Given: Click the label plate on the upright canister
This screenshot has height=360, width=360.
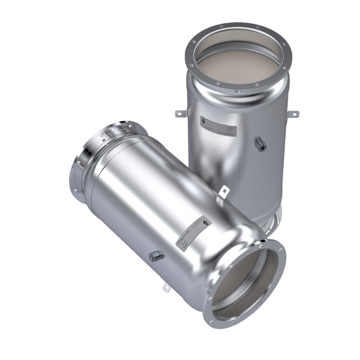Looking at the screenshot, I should (x=217, y=126).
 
